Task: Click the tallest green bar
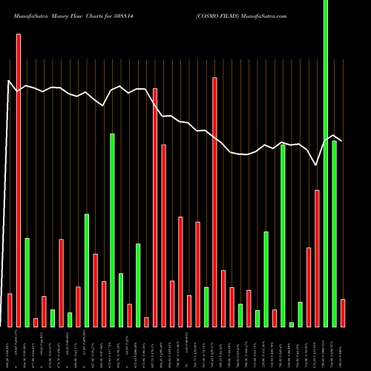(x=326, y=163)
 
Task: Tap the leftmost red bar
(x=10, y=310)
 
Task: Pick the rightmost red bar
(x=343, y=312)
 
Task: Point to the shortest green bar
(x=292, y=324)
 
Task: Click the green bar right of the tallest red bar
(x=27, y=282)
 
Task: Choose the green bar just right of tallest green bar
(x=335, y=234)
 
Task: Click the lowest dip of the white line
(x=317, y=164)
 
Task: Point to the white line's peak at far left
(x=9, y=81)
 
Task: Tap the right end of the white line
(x=342, y=139)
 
